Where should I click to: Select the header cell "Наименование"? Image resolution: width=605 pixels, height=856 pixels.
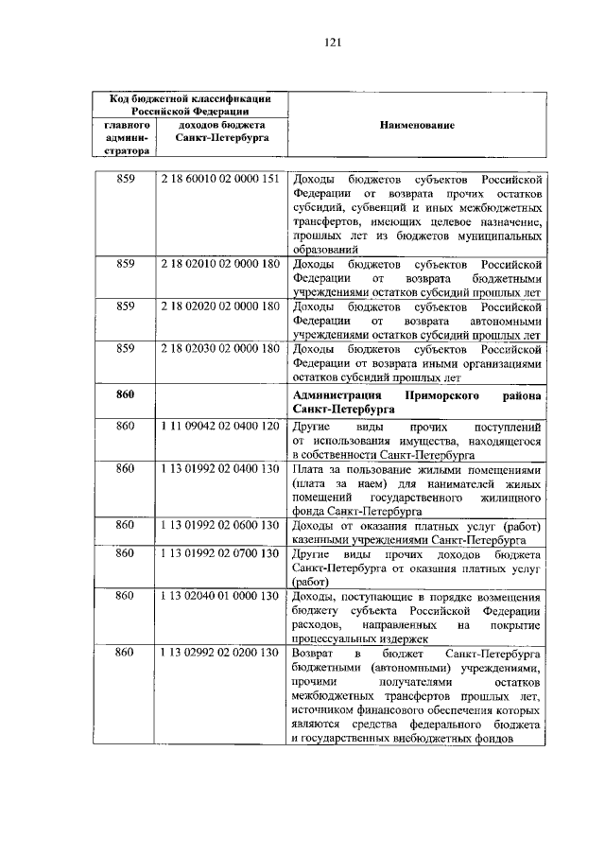417,125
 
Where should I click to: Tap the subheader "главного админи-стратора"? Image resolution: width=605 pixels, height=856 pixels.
127,137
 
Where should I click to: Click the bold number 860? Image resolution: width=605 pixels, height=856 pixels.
127,393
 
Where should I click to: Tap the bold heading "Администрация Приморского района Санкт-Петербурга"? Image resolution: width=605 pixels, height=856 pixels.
417,401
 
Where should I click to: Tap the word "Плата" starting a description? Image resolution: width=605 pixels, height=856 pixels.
310,469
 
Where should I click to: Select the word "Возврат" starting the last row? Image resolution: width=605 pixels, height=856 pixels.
314,654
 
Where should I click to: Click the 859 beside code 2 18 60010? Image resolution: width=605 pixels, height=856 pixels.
127,179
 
